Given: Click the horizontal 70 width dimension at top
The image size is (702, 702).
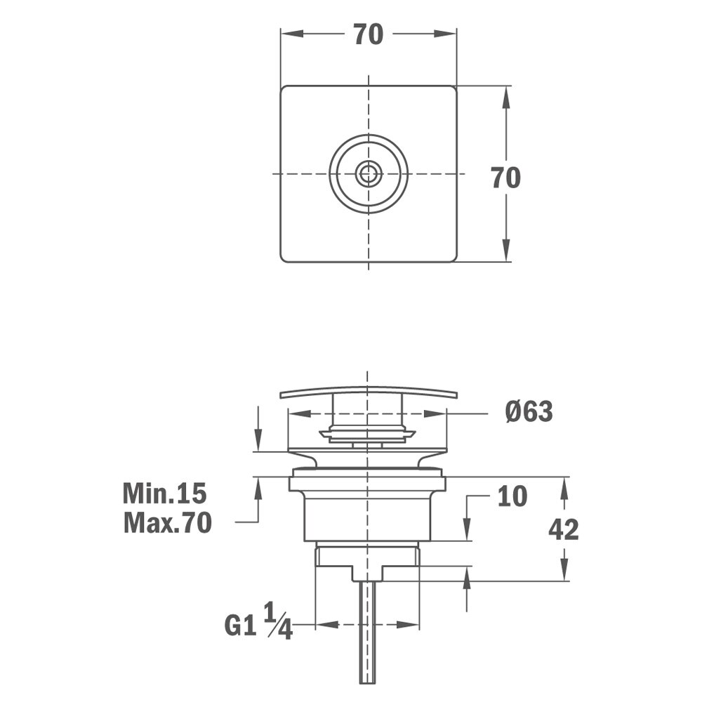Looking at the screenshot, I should point(368,34).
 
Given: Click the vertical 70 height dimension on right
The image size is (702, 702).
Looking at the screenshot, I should point(505,178).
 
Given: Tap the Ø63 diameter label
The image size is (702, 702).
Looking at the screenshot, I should point(529,412).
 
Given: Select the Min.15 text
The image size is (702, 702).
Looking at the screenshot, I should point(165,494).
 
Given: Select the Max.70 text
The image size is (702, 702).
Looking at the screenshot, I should point(167,523).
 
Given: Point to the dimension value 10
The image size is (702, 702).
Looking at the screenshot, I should point(512,497).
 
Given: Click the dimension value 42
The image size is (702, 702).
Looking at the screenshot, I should point(564,530).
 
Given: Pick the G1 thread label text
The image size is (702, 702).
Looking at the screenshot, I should point(240,625).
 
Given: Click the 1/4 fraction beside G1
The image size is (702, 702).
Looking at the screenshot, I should point(278,621).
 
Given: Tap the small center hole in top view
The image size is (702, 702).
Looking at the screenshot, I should point(369,173).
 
